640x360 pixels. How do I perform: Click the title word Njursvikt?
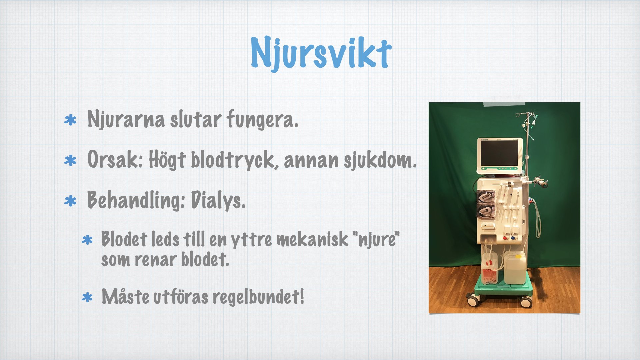[x=321, y=53]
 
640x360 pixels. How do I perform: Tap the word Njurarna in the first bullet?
[x=126, y=119]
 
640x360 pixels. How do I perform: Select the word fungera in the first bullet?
[x=262, y=119]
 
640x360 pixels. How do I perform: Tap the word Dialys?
[x=218, y=200]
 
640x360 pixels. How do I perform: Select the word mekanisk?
[x=312, y=239]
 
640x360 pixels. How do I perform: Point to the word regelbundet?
[x=258, y=297]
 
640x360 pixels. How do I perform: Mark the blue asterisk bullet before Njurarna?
[x=70, y=120]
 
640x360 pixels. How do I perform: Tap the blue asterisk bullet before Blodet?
[x=87, y=240]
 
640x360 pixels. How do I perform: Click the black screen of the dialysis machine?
[x=499, y=153]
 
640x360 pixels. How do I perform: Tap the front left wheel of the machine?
[x=472, y=301]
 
